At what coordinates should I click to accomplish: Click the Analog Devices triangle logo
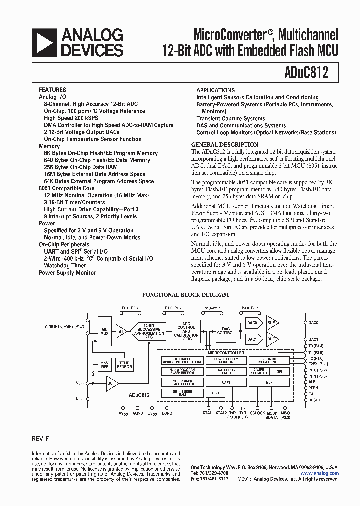tap(44, 42)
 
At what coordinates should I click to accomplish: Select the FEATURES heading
tap(52, 90)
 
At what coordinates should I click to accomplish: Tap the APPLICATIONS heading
tap(215, 90)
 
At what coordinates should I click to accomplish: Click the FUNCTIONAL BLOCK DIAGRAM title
tap(186, 295)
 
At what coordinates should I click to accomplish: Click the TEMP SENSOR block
tap(124, 365)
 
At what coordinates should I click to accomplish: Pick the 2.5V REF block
tap(105, 365)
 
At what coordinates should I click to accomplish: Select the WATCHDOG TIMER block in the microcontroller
tap(226, 371)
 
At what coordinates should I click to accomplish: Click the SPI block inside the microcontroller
tap(279, 371)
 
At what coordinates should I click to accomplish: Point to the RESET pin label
tap(314, 400)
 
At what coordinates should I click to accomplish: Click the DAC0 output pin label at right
tap(313, 322)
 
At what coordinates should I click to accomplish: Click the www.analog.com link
tap(319, 473)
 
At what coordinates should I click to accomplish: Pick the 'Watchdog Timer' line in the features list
tap(65, 265)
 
